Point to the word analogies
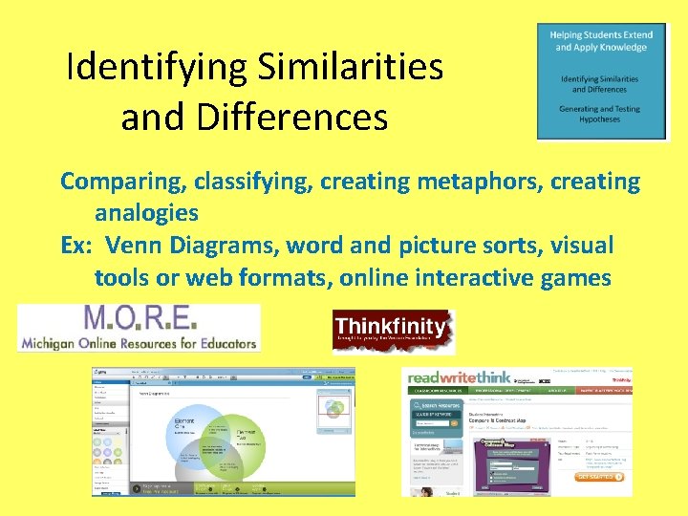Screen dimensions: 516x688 pos(146,212)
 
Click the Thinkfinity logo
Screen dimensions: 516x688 pos(391,331)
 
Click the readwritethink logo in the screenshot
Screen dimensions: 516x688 pos(460,377)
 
